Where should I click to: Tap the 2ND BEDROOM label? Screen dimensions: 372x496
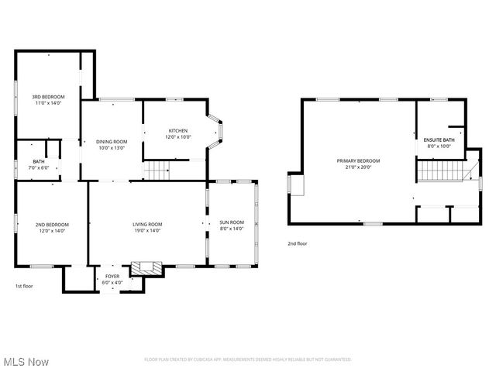(x=51, y=225)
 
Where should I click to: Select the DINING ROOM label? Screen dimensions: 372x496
(x=111, y=141)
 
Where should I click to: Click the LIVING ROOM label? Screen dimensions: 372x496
(x=146, y=224)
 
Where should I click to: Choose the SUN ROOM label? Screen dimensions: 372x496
(x=232, y=222)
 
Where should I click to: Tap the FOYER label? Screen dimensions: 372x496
(x=112, y=276)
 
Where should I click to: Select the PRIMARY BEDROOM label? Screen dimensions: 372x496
(x=353, y=160)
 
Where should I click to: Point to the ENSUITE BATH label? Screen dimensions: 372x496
(x=439, y=139)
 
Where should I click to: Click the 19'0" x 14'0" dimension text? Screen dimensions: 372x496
(x=146, y=230)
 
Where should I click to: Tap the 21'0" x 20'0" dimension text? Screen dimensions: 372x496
(x=353, y=167)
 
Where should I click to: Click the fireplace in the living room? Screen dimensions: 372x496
(x=146, y=269)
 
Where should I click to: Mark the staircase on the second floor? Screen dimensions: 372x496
(x=443, y=170)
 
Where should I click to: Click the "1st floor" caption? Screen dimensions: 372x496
(x=23, y=286)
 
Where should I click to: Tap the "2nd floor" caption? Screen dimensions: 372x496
(x=298, y=243)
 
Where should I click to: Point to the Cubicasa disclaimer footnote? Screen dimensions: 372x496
(x=248, y=360)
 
